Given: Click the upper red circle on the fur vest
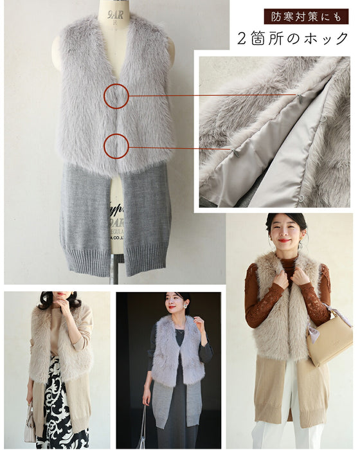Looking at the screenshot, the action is point(104,96).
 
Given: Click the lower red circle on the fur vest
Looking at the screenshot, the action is point(104,147).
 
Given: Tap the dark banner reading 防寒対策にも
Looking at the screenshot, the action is point(306,17).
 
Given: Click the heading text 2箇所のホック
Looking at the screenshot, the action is point(293,39).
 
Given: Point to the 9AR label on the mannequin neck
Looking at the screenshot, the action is point(116,15).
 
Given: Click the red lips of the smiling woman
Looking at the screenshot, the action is point(283,240).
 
